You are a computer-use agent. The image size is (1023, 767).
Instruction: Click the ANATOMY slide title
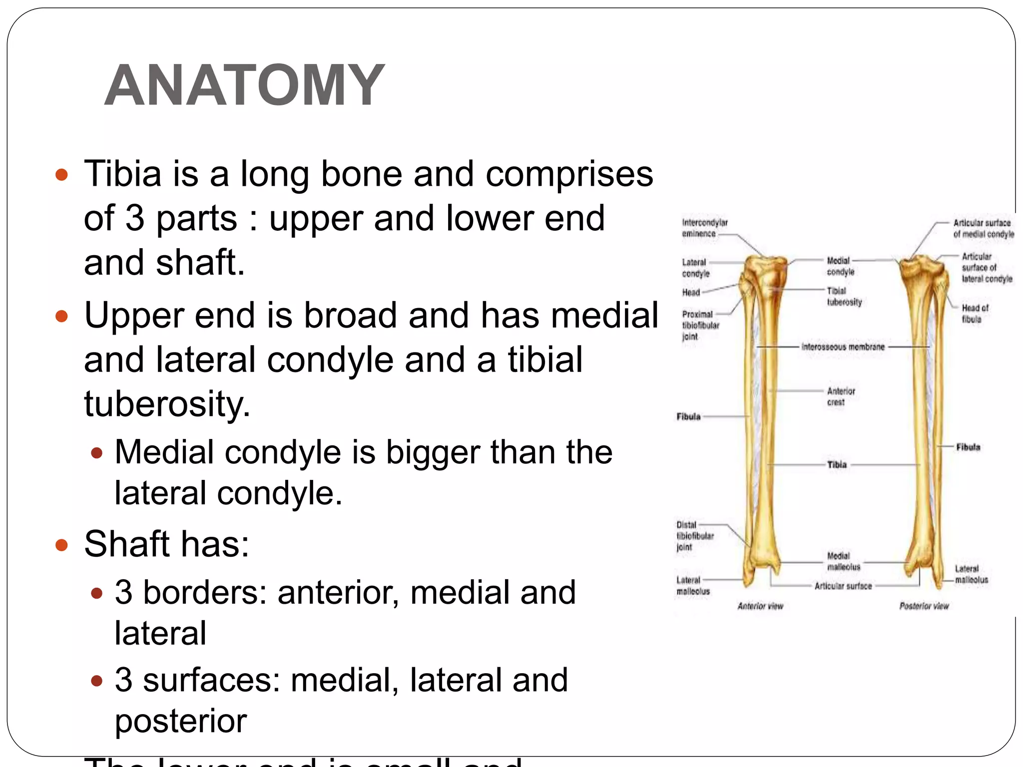point(245,86)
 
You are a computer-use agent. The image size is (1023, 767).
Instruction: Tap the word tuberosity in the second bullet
point(167,403)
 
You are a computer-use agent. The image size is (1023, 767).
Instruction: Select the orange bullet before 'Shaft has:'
point(61,545)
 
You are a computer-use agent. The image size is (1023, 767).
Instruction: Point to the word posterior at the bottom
point(181,721)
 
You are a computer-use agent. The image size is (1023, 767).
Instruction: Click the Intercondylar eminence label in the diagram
point(704,228)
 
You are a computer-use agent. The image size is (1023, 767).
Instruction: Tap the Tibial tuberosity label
point(844,297)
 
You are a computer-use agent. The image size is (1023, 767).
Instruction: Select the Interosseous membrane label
point(843,347)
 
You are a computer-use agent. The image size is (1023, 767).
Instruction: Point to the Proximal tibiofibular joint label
point(700,325)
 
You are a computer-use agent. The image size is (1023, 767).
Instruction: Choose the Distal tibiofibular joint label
point(694,536)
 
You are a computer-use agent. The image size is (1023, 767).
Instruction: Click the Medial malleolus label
point(843,561)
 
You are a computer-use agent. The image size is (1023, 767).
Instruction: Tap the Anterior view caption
point(760,606)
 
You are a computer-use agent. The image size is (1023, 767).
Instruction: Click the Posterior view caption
point(924,606)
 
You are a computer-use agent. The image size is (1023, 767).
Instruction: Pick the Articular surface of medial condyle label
point(983,228)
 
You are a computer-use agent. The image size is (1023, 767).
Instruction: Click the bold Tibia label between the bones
point(837,465)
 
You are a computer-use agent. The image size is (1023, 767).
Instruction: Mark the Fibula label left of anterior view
point(688,416)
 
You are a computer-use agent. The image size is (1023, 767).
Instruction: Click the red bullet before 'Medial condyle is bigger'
point(97,453)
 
